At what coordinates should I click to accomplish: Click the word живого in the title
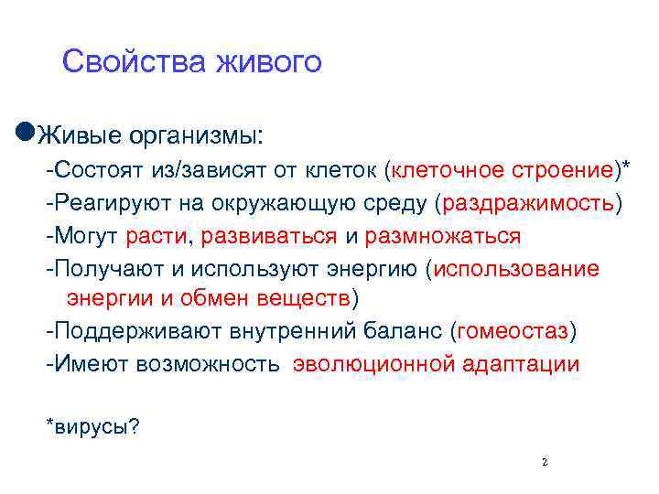tap(269, 62)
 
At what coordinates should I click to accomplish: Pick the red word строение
tap(569, 170)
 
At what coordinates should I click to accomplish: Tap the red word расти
tap(156, 237)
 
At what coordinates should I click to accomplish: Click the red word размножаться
tap(443, 237)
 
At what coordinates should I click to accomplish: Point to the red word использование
tap(520, 270)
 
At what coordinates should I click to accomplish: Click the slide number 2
tap(545, 463)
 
